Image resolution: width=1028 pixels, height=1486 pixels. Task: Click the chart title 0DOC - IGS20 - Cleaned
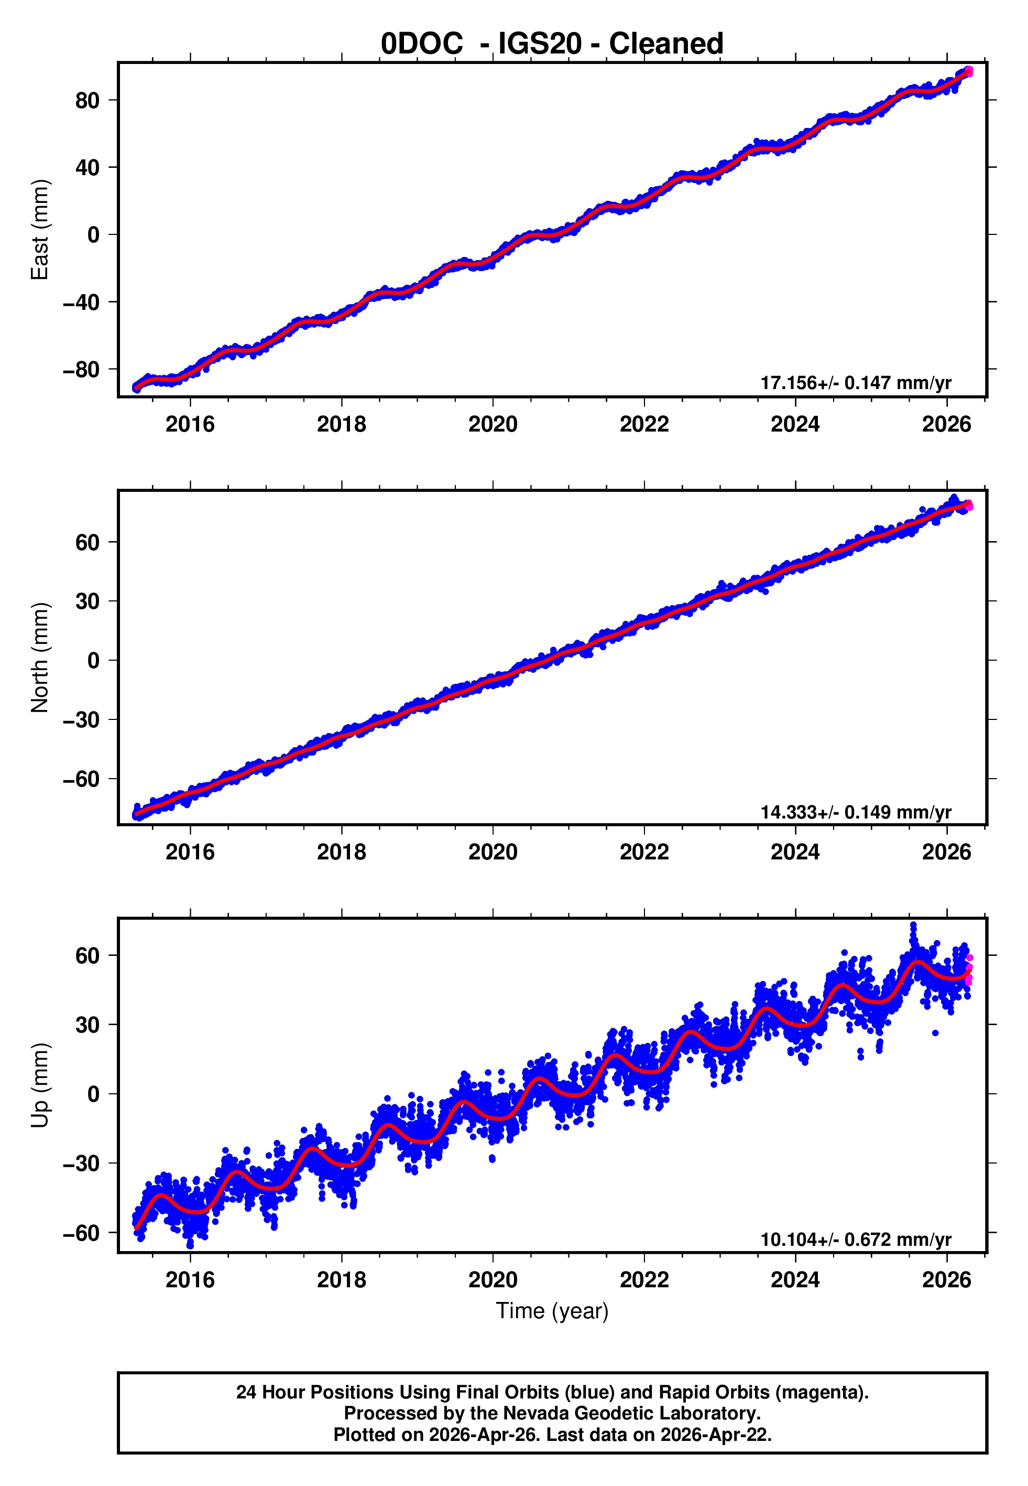552,44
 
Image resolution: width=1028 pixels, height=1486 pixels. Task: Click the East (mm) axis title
40,230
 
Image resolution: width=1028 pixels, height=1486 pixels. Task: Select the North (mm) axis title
40,658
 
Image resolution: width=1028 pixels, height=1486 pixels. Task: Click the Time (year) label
552,1311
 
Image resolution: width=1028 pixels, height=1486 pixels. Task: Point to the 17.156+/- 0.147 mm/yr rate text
856,383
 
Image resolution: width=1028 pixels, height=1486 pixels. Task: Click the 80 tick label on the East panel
88,101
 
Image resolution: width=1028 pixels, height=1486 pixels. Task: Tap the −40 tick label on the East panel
81,302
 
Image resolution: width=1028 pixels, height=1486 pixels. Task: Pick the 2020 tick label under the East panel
493,424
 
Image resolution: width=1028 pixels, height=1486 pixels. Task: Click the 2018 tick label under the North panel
342,852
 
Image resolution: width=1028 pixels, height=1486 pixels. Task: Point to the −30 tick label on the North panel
81,720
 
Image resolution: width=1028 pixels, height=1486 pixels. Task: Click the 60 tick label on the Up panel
88,956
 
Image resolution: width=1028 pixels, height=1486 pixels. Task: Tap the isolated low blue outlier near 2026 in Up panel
935,1033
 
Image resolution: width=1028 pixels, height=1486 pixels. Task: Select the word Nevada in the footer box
536,1413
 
